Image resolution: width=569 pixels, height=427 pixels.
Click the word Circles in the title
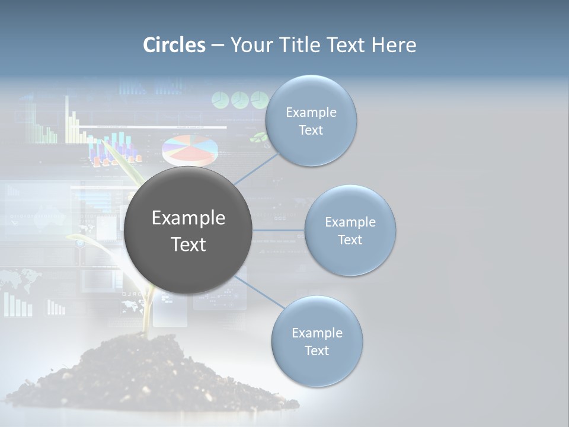point(174,45)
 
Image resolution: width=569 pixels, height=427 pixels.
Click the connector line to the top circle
point(256,168)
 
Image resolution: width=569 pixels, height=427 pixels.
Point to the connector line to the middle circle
point(278,230)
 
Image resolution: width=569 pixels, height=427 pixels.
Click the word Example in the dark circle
point(188,218)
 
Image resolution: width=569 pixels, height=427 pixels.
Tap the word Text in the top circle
point(311,130)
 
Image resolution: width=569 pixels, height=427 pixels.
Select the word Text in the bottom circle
point(317,351)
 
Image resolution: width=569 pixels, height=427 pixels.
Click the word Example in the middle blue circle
point(350,222)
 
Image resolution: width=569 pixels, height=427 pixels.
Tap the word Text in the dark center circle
point(188,244)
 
